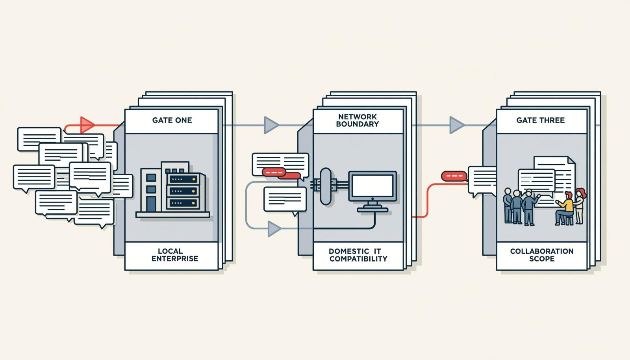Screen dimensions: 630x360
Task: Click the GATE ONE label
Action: (172, 121)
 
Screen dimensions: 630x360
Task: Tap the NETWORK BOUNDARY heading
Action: (358, 121)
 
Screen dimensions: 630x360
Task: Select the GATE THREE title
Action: (540, 121)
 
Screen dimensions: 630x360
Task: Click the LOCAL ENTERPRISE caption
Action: (175, 255)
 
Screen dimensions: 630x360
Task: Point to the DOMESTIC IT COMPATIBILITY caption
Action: (358, 255)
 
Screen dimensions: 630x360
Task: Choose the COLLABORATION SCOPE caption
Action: (542, 255)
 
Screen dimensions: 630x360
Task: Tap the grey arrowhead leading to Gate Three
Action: (457, 125)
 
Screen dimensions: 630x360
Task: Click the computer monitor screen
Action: (372, 186)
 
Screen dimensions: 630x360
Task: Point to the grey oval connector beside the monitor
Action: (326, 186)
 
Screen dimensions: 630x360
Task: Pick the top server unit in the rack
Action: (183, 179)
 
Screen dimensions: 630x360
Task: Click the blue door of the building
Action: (151, 204)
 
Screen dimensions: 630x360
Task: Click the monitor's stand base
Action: (372, 210)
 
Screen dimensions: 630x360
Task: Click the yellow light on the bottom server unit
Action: (194, 203)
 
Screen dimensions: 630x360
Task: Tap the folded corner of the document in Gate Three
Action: (571, 160)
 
